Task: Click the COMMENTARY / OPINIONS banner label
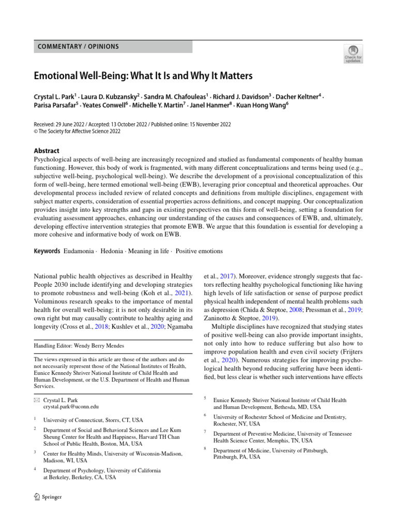[x=78, y=47]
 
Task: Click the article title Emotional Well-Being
[x=143, y=76]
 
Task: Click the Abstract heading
[x=47, y=151]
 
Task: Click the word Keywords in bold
[x=47, y=251]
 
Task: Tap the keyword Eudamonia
[x=80, y=251]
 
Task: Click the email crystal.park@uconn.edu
[x=71, y=407]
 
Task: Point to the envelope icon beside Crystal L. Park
[x=36, y=400]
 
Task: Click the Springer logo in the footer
[x=48, y=497]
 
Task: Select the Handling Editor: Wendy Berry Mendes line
[x=79, y=345]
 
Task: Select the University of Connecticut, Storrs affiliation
[x=94, y=420]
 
